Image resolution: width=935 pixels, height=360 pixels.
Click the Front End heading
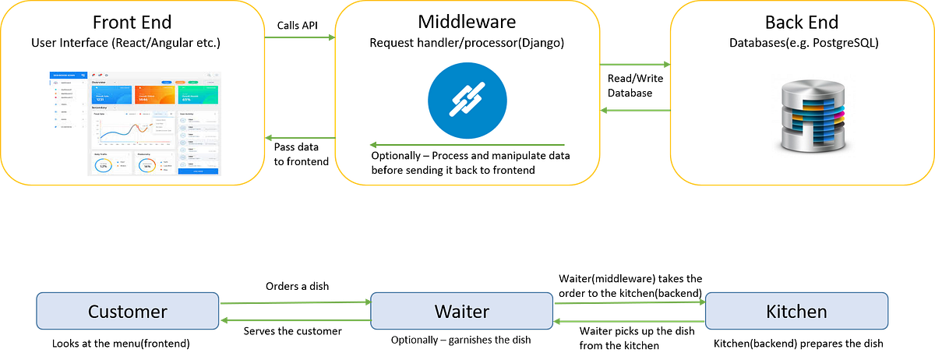pos(133,22)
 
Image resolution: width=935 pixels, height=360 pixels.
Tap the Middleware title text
pos(467,22)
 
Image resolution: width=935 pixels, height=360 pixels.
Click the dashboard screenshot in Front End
pos(135,123)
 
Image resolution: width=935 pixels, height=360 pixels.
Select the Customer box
pos(128,312)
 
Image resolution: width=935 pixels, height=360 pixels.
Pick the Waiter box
pos(461,312)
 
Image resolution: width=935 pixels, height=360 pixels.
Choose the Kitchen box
pos(796,312)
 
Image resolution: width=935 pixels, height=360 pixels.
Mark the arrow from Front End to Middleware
pos(300,37)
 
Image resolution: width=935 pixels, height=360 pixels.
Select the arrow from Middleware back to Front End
pos(300,138)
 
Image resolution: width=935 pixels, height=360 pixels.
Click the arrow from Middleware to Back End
pos(634,65)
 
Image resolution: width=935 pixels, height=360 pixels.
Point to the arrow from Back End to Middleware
pos(634,111)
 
